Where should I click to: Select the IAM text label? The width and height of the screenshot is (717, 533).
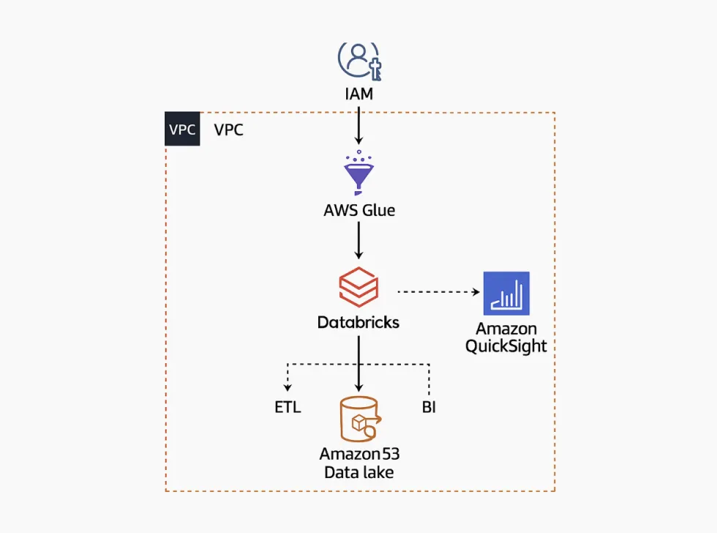tap(358, 94)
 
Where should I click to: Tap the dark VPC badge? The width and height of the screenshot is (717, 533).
tap(182, 130)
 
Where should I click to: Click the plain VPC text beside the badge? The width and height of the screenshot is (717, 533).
tap(229, 130)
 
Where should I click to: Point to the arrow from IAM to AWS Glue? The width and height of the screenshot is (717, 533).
tap(358, 124)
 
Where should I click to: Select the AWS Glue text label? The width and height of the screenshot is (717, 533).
tap(358, 210)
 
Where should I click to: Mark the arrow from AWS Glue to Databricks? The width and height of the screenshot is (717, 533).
tap(358, 240)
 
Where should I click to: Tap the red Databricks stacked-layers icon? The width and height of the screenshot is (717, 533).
tap(358, 286)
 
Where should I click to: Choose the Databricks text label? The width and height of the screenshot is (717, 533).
tap(358, 321)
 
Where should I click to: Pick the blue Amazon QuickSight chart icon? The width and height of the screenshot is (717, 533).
tap(506, 293)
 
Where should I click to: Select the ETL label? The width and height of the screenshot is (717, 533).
tap(288, 408)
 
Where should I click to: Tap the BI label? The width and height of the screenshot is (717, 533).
tap(429, 408)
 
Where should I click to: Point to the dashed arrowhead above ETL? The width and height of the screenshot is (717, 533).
tap(288, 388)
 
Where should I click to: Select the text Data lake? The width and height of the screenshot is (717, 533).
tap(358, 472)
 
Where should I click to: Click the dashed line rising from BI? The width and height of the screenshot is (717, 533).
tap(429, 379)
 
